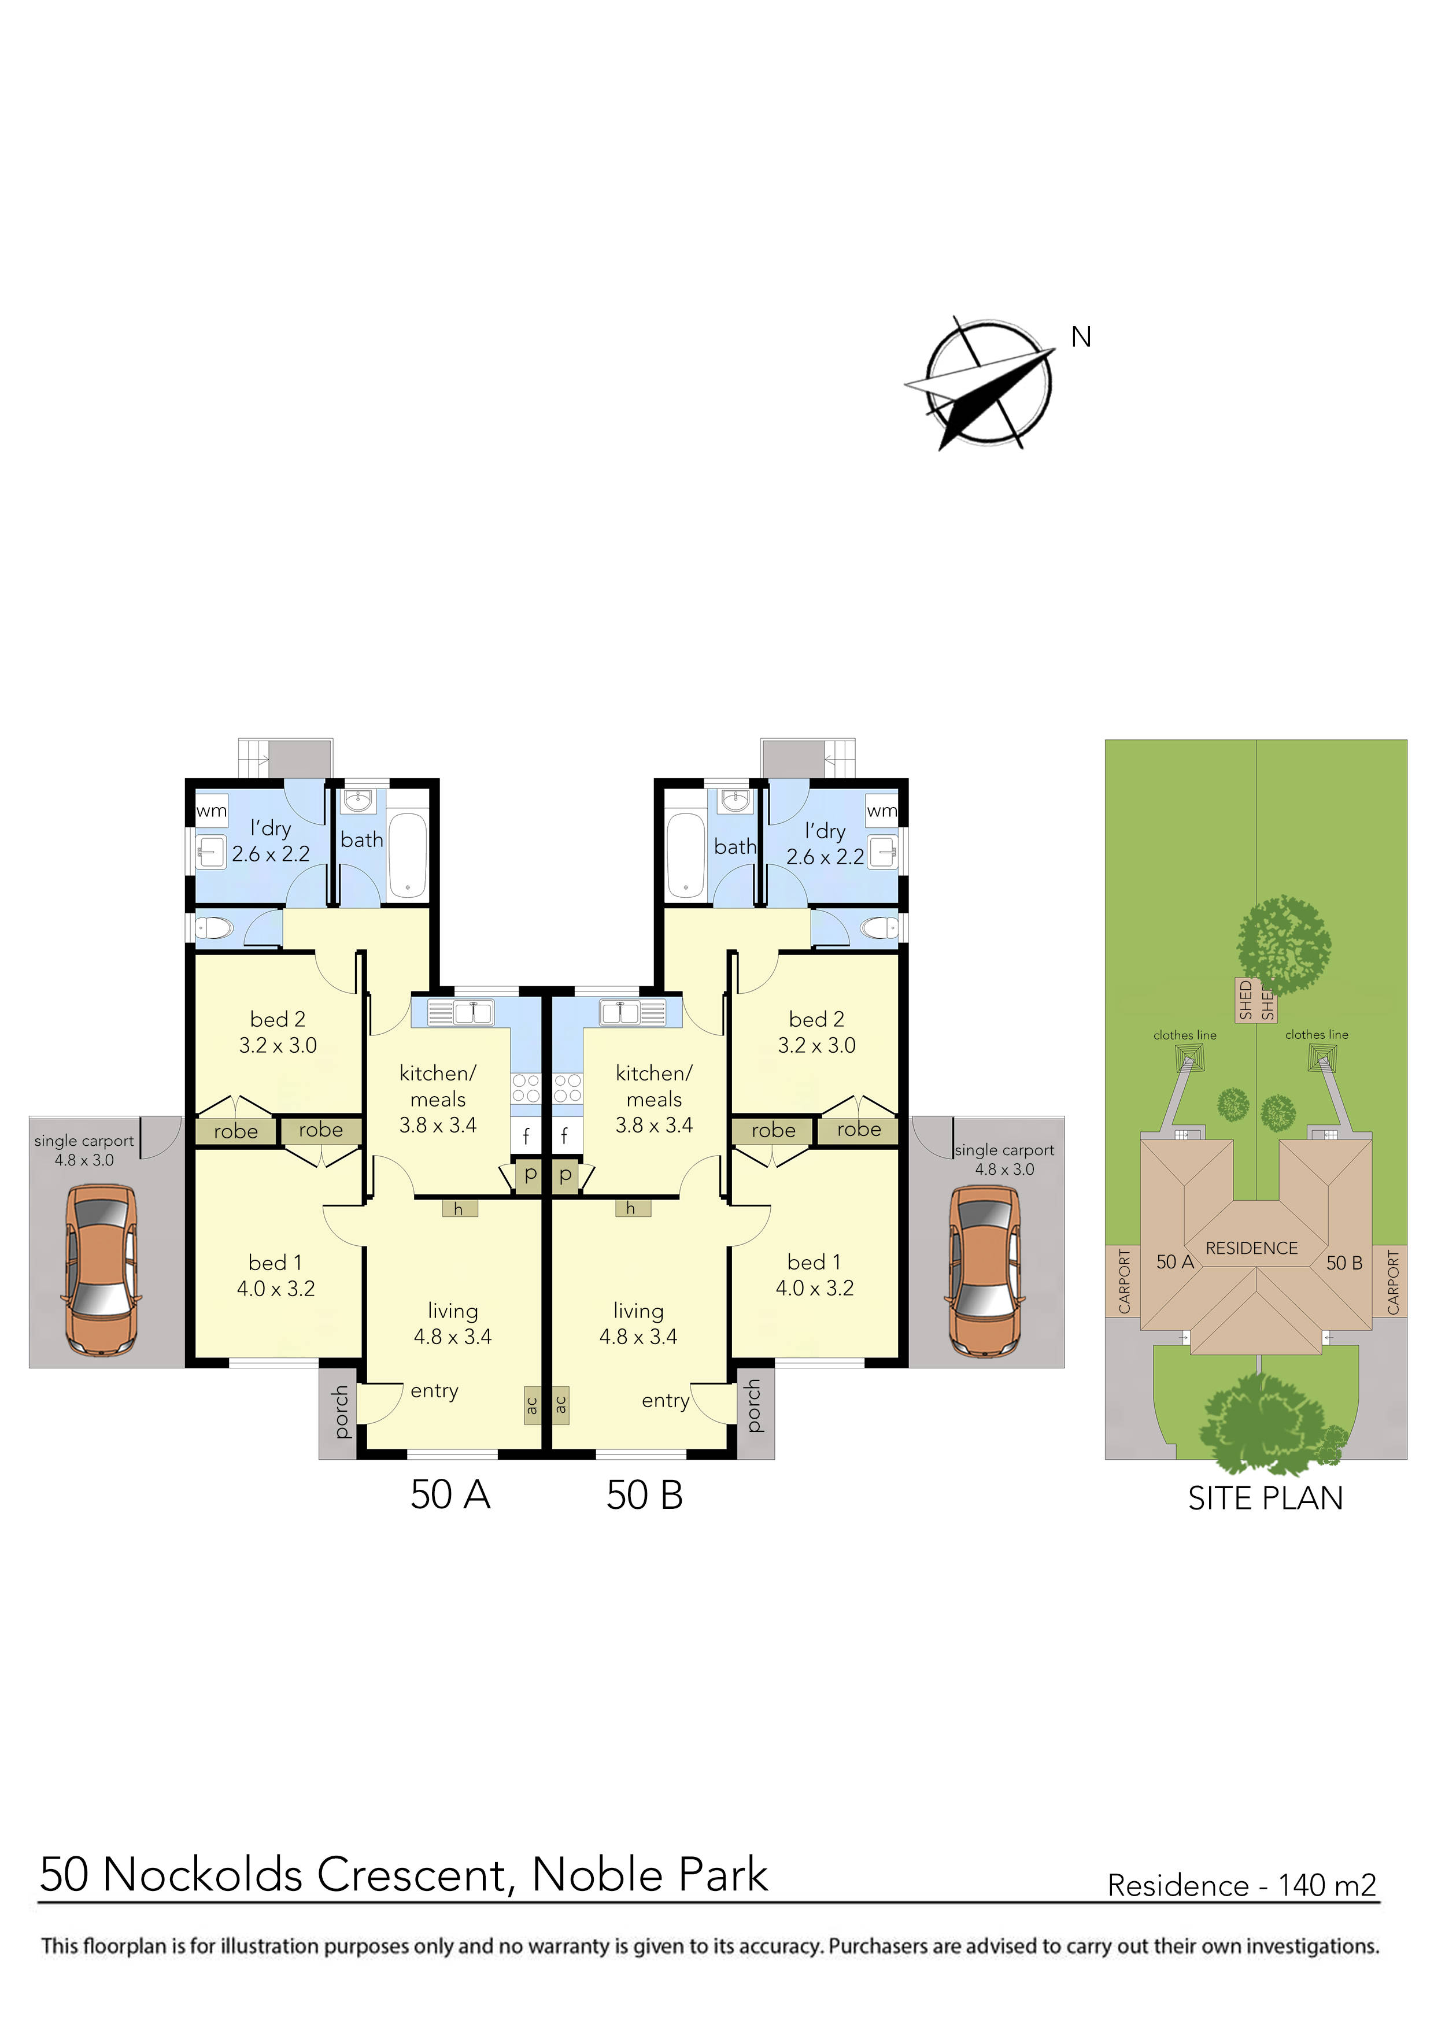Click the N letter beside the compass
coord(1081,338)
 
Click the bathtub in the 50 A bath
coord(407,854)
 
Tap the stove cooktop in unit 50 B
coord(567,1088)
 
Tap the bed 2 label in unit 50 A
coord(278,1019)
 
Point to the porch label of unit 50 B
coord(753,1405)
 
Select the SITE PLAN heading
coord(1265,1499)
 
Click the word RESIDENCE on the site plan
coord(1251,1248)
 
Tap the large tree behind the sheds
coord(1283,945)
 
